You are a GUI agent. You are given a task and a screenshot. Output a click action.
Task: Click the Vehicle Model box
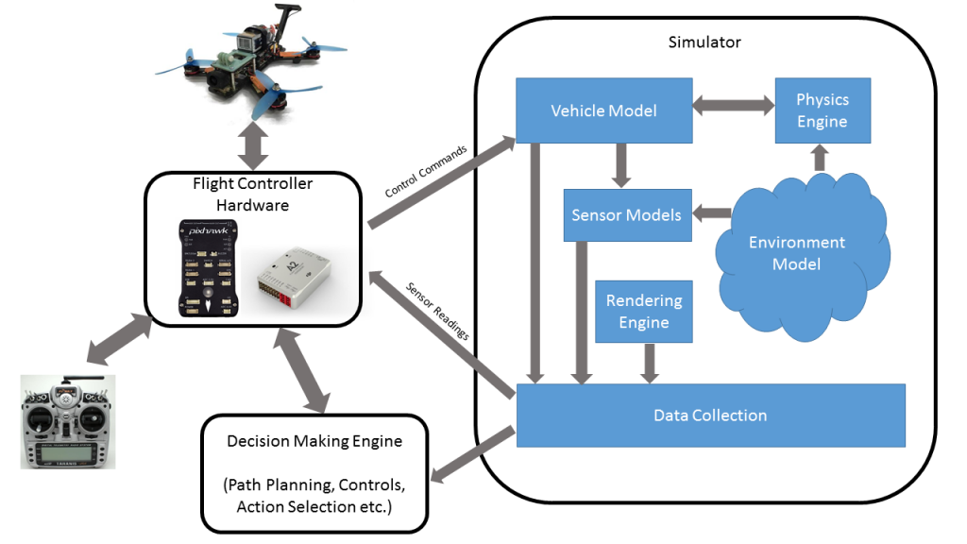pos(603,110)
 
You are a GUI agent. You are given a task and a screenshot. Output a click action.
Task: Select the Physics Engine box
pos(822,110)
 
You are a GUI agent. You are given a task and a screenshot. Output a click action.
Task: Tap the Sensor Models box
pos(626,215)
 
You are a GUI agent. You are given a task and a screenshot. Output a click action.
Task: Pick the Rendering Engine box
pos(643,312)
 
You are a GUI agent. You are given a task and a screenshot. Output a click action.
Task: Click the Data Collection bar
pos(709,415)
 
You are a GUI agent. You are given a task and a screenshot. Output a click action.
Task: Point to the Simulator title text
pos(704,42)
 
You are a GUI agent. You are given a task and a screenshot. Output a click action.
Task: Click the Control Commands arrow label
pos(425,171)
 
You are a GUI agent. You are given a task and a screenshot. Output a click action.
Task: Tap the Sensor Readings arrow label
pos(437,309)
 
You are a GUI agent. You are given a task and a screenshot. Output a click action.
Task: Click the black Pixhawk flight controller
pos(208,268)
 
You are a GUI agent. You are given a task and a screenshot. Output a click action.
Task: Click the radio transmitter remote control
pos(68,421)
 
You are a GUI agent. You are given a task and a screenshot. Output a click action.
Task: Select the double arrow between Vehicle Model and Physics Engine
pos(733,107)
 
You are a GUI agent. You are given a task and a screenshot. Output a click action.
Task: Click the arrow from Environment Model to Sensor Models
pos(710,213)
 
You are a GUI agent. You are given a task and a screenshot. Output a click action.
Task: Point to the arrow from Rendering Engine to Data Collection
pos(650,363)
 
